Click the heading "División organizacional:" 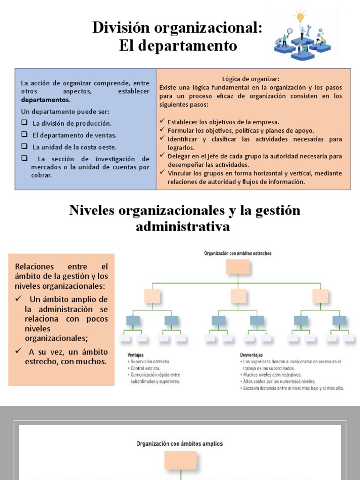click(177, 28)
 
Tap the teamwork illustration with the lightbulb click(302, 35)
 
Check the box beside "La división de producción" click(24, 123)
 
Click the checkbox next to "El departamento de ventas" click(24, 135)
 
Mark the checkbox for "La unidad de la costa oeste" click(24, 146)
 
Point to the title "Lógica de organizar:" click(251, 79)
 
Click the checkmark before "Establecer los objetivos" click(162, 122)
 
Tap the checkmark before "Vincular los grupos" click(162, 173)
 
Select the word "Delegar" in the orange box click(179, 156)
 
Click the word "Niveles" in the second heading click(92, 210)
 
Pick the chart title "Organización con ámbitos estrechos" click(238, 253)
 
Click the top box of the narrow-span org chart click(238, 266)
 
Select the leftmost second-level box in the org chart click(152, 296)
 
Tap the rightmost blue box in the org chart click(339, 320)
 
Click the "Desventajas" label click(252, 355)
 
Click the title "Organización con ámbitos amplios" click(180, 443)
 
